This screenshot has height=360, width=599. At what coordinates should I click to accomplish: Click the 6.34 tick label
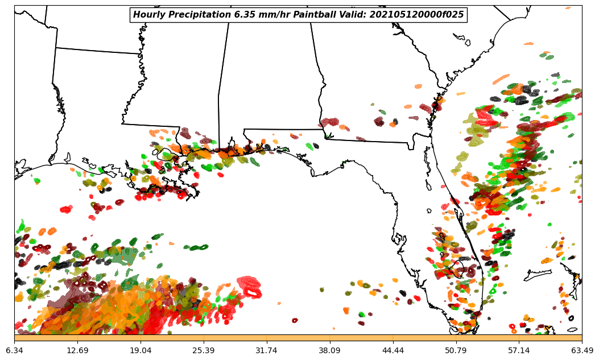[x=14, y=350]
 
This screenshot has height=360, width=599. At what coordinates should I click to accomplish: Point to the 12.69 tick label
[x=77, y=350]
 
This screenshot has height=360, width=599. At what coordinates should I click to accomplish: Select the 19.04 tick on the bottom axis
[x=141, y=350]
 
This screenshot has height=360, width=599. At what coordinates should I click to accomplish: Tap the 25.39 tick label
[x=204, y=350]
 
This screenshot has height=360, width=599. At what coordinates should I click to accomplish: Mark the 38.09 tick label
[x=329, y=350]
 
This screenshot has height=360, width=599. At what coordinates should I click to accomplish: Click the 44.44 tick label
[x=393, y=350]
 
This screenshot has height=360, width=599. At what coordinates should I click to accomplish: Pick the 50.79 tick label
[x=456, y=350]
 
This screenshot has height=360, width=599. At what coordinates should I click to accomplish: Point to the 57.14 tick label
[x=519, y=350]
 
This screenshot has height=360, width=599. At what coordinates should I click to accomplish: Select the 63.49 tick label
[x=582, y=350]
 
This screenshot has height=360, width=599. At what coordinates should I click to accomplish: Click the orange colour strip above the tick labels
[x=298, y=338]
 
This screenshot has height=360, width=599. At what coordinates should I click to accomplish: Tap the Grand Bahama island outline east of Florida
[x=538, y=275]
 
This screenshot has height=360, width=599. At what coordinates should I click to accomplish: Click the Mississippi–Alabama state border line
[x=219, y=114]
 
